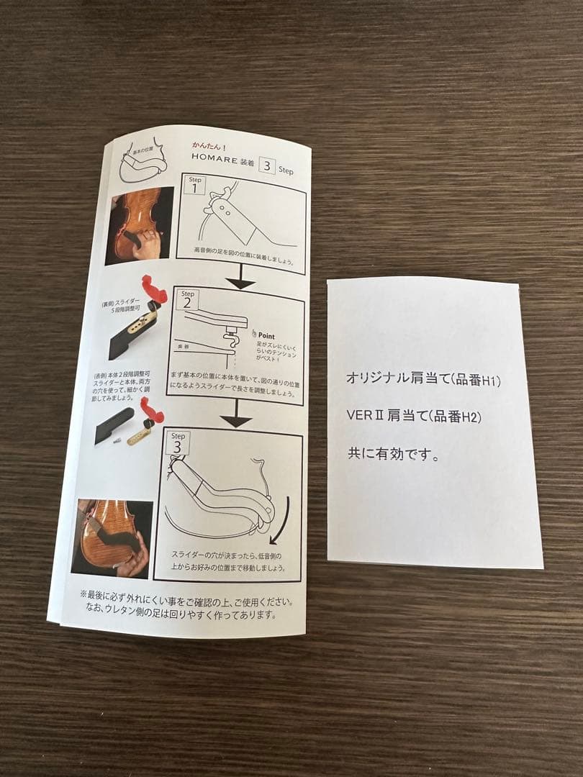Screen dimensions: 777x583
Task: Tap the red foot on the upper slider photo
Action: click(x=155, y=288)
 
